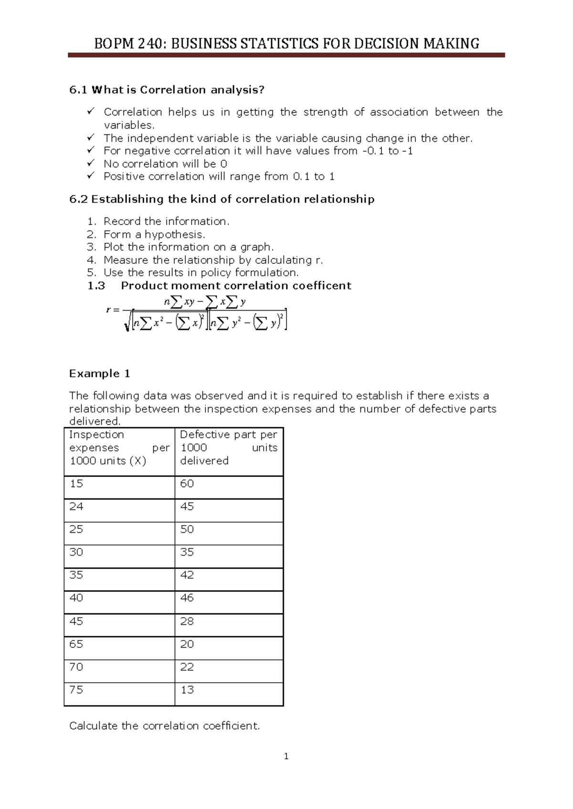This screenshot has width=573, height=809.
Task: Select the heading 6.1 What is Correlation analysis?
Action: (167, 90)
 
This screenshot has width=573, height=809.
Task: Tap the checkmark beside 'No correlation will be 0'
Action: (91, 163)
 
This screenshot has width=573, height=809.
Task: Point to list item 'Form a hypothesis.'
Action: (154, 234)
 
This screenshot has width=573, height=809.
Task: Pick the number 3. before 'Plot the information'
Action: (92, 247)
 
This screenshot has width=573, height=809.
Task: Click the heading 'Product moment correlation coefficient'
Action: (236, 286)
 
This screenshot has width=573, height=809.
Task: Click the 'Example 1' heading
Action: (100, 373)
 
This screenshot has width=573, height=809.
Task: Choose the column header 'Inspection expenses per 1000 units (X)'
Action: (119, 447)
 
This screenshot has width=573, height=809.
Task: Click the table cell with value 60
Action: (187, 484)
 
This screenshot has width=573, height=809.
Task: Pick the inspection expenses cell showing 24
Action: (76, 507)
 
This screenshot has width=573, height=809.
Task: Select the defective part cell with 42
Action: (187, 575)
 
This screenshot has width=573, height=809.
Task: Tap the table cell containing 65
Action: (76, 644)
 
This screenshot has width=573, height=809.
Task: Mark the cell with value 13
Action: (187, 690)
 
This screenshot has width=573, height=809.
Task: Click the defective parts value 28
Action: (187, 621)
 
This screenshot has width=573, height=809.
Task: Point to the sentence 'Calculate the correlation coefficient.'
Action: (164, 726)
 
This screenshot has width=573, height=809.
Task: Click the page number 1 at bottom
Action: (286, 757)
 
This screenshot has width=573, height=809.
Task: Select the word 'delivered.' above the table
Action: (95, 421)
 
